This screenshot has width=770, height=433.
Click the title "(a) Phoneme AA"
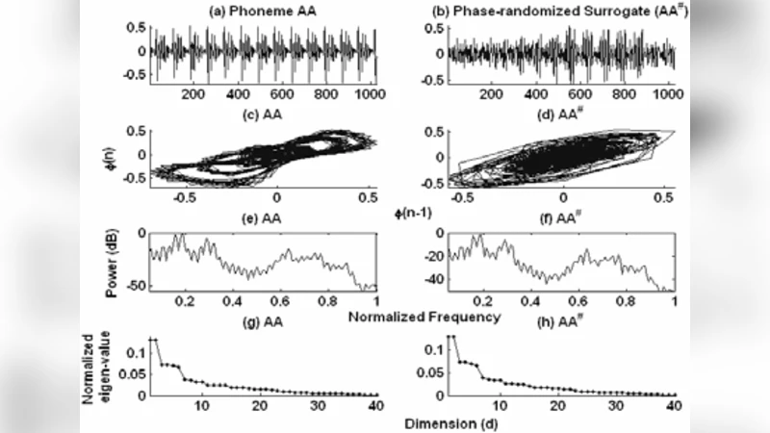(253, 12)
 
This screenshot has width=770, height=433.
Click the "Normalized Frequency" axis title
(415, 316)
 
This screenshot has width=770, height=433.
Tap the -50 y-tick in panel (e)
(135, 287)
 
